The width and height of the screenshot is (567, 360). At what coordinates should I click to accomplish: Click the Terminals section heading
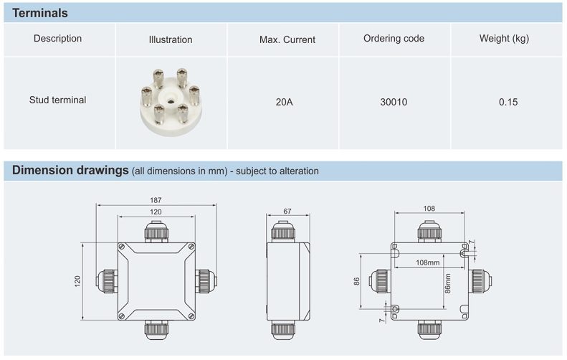click(40, 13)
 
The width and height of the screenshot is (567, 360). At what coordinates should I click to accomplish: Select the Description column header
click(58, 39)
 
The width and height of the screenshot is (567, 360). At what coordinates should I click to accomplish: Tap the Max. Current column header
click(287, 39)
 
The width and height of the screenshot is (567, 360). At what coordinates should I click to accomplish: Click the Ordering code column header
click(394, 39)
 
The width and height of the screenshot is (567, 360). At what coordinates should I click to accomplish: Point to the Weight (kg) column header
click(504, 39)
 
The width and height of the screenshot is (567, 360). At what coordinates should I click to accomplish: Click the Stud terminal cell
click(57, 100)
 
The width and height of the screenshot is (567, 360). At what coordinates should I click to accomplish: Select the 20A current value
click(284, 102)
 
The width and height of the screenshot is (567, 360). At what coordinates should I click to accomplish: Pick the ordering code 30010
click(394, 102)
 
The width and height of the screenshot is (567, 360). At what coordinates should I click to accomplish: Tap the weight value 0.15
click(508, 102)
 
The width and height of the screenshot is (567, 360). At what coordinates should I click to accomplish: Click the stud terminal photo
click(169, 102)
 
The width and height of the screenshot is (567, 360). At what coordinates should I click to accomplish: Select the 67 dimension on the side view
click(287, 211)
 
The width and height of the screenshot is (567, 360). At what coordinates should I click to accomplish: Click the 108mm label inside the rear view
click(428, 262)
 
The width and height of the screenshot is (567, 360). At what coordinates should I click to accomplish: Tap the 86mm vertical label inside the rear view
click(447, 283)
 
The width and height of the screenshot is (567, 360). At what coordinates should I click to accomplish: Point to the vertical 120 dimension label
click(78, 281)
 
